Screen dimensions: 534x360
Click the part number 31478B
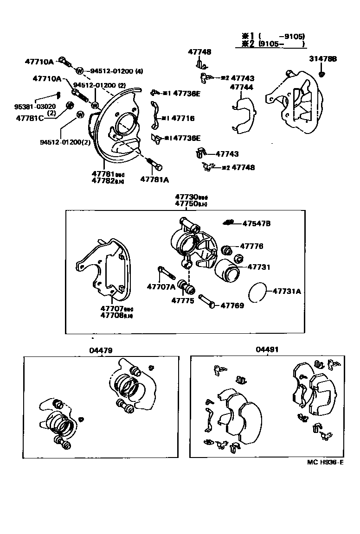tap(323, 59)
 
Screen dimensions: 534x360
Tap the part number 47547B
tap(256, 224)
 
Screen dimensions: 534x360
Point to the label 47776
tap(251, 246)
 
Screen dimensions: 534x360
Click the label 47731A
tap(287, 291)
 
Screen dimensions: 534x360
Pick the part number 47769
tap(232, 305)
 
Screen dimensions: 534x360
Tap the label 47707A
tap(161, 287)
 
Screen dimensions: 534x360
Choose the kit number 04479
tap(101, 350)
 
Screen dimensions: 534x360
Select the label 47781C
tap(30, 118)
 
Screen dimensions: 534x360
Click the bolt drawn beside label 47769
tap(206, 301)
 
